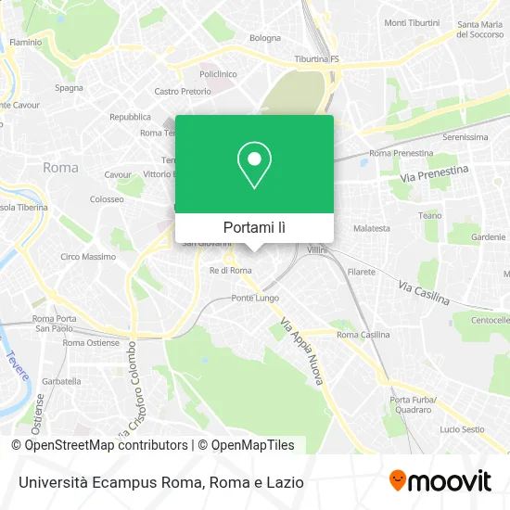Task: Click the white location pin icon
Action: click(254, 164)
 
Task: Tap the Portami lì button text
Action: click(254, 226)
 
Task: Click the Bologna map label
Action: click(265, 38)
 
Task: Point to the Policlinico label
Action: click(218, 74)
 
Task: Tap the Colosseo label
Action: click(107, 199)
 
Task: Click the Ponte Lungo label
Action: click(255, 299)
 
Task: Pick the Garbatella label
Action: click(62, 381)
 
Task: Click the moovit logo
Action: click(440, 481)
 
